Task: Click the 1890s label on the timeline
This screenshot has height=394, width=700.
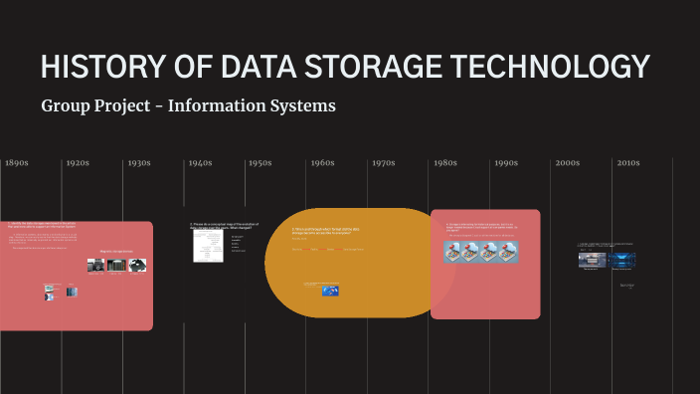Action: tap(16, 163)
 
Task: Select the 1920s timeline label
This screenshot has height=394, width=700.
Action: tap(78, 163)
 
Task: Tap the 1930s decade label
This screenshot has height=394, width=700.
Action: tap(139, 163)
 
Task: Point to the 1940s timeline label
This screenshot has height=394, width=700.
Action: tap(201, 163)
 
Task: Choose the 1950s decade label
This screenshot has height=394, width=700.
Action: tap(261, 163)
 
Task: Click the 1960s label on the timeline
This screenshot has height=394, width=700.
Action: tap(322, 163)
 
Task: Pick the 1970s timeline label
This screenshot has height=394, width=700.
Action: tap(384, 163)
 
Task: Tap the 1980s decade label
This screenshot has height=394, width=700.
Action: tap(445, 163)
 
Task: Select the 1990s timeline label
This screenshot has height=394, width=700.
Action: tap(506, 163)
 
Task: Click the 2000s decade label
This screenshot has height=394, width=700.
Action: tap(568, 163)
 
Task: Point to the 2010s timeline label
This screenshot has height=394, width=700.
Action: tap(628, 163)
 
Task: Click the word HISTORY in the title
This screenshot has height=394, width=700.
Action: tap(100, 67)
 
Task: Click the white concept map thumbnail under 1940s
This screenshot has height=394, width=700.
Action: tap(208, 247)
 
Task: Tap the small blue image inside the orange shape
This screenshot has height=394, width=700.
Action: tap(330, 291)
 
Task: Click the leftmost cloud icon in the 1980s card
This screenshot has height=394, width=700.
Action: tap(454, 253)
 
